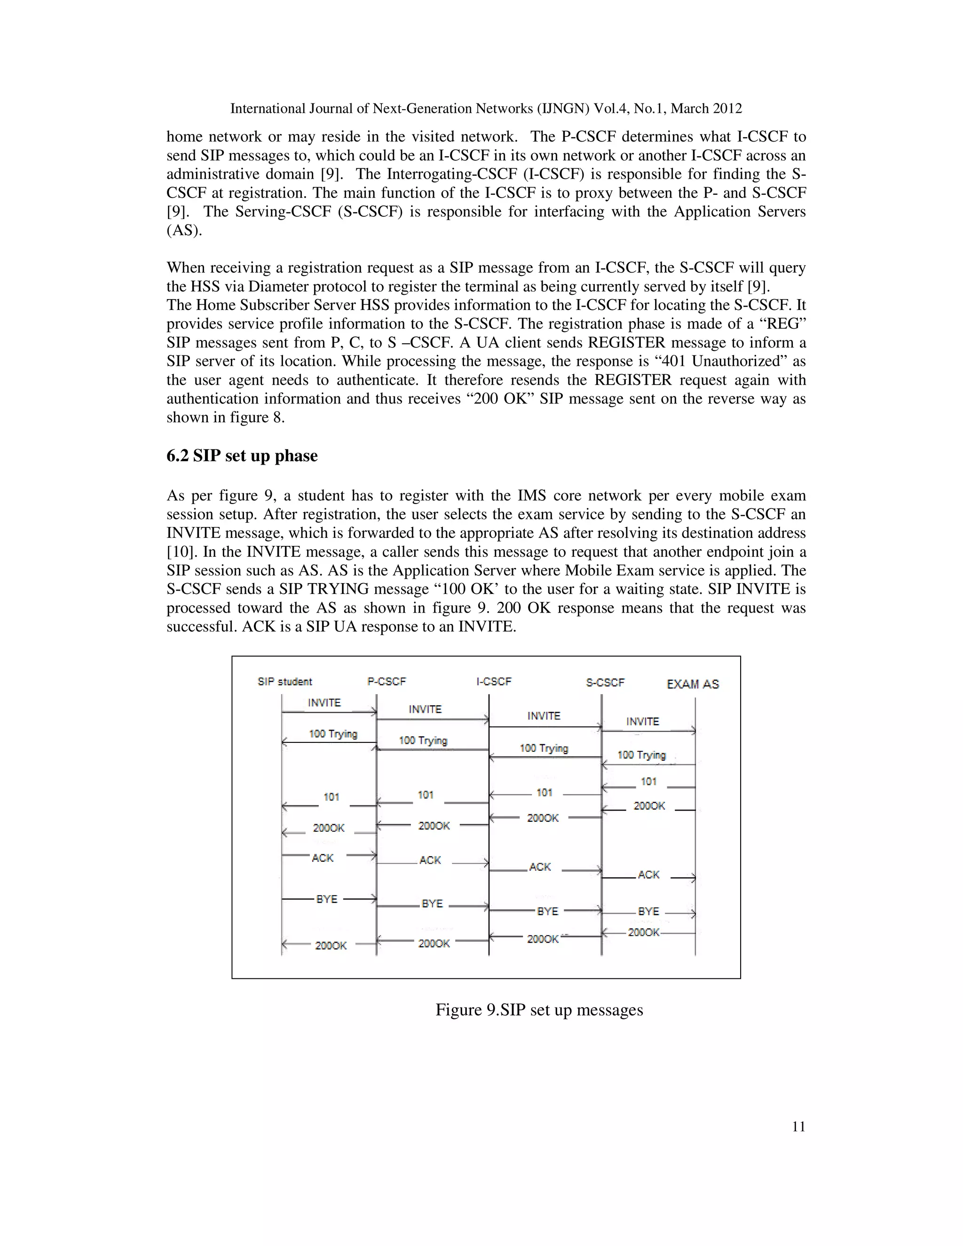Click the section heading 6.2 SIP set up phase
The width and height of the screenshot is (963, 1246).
[x=242, y=456]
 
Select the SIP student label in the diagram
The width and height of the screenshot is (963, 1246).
[x=284, y=682]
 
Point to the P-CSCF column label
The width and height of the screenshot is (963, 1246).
[x=387, y=682]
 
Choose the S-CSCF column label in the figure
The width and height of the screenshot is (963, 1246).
[x=605, y=682]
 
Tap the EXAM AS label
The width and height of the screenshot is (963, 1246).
[x=693, y=684]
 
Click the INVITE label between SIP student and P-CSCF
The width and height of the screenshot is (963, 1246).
[x=324, y=703]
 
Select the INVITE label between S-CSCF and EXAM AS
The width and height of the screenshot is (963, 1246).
[x=642, y=722]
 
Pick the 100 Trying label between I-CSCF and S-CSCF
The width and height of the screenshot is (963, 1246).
[x=544, y=748]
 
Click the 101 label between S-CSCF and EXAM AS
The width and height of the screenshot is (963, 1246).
[x=648, y=781]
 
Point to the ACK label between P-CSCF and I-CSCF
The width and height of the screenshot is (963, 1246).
[x=430, y=860]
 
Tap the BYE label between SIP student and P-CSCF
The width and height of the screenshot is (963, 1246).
[x=327, y=899]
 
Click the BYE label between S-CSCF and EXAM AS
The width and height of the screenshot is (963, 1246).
[x=648, y=912]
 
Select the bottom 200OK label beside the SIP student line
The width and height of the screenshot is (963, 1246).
[x=331, y=946]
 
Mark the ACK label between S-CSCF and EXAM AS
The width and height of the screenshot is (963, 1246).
[x=648, y=875]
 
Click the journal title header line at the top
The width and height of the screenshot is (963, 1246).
[x=485, y=109]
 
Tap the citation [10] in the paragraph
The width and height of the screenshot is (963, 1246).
[x=179, y=552]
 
